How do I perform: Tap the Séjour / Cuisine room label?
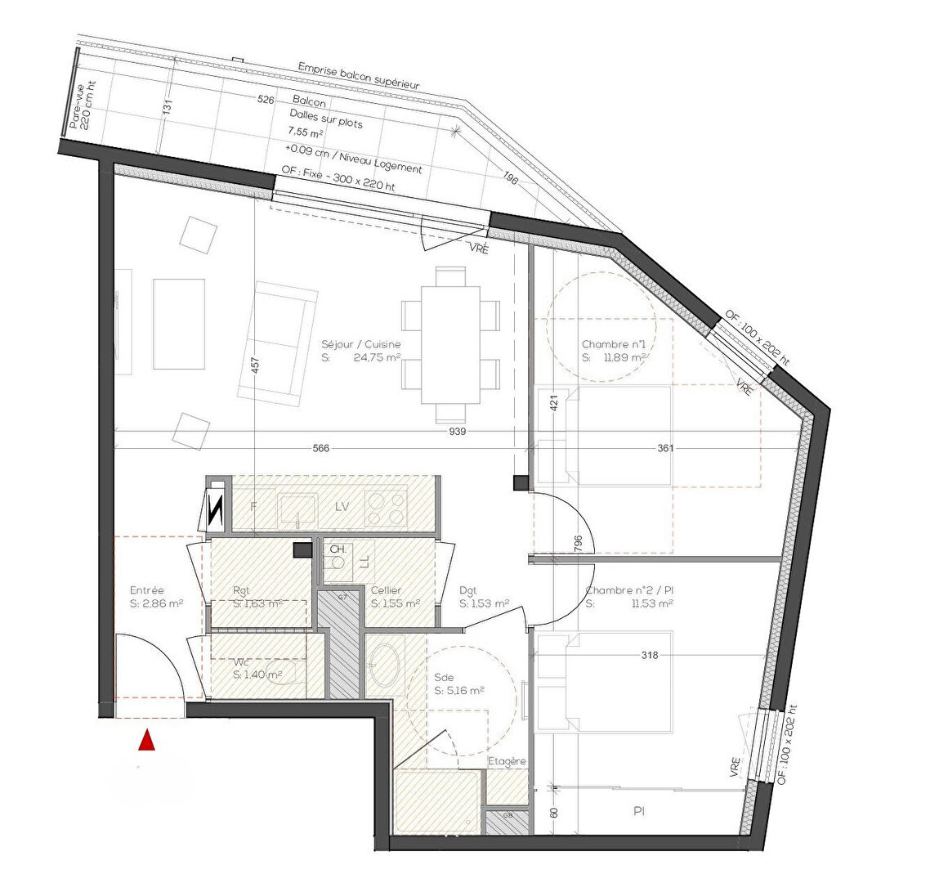coord(361,345)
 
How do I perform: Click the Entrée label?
coord(147,590)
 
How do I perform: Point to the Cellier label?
coord(386,590)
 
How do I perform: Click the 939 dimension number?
coord(458,431)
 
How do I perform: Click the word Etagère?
coord(507,762)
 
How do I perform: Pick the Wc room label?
coord(241,662)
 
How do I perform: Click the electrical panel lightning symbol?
coord(217,512)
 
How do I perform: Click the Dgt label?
coord(468,590)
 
